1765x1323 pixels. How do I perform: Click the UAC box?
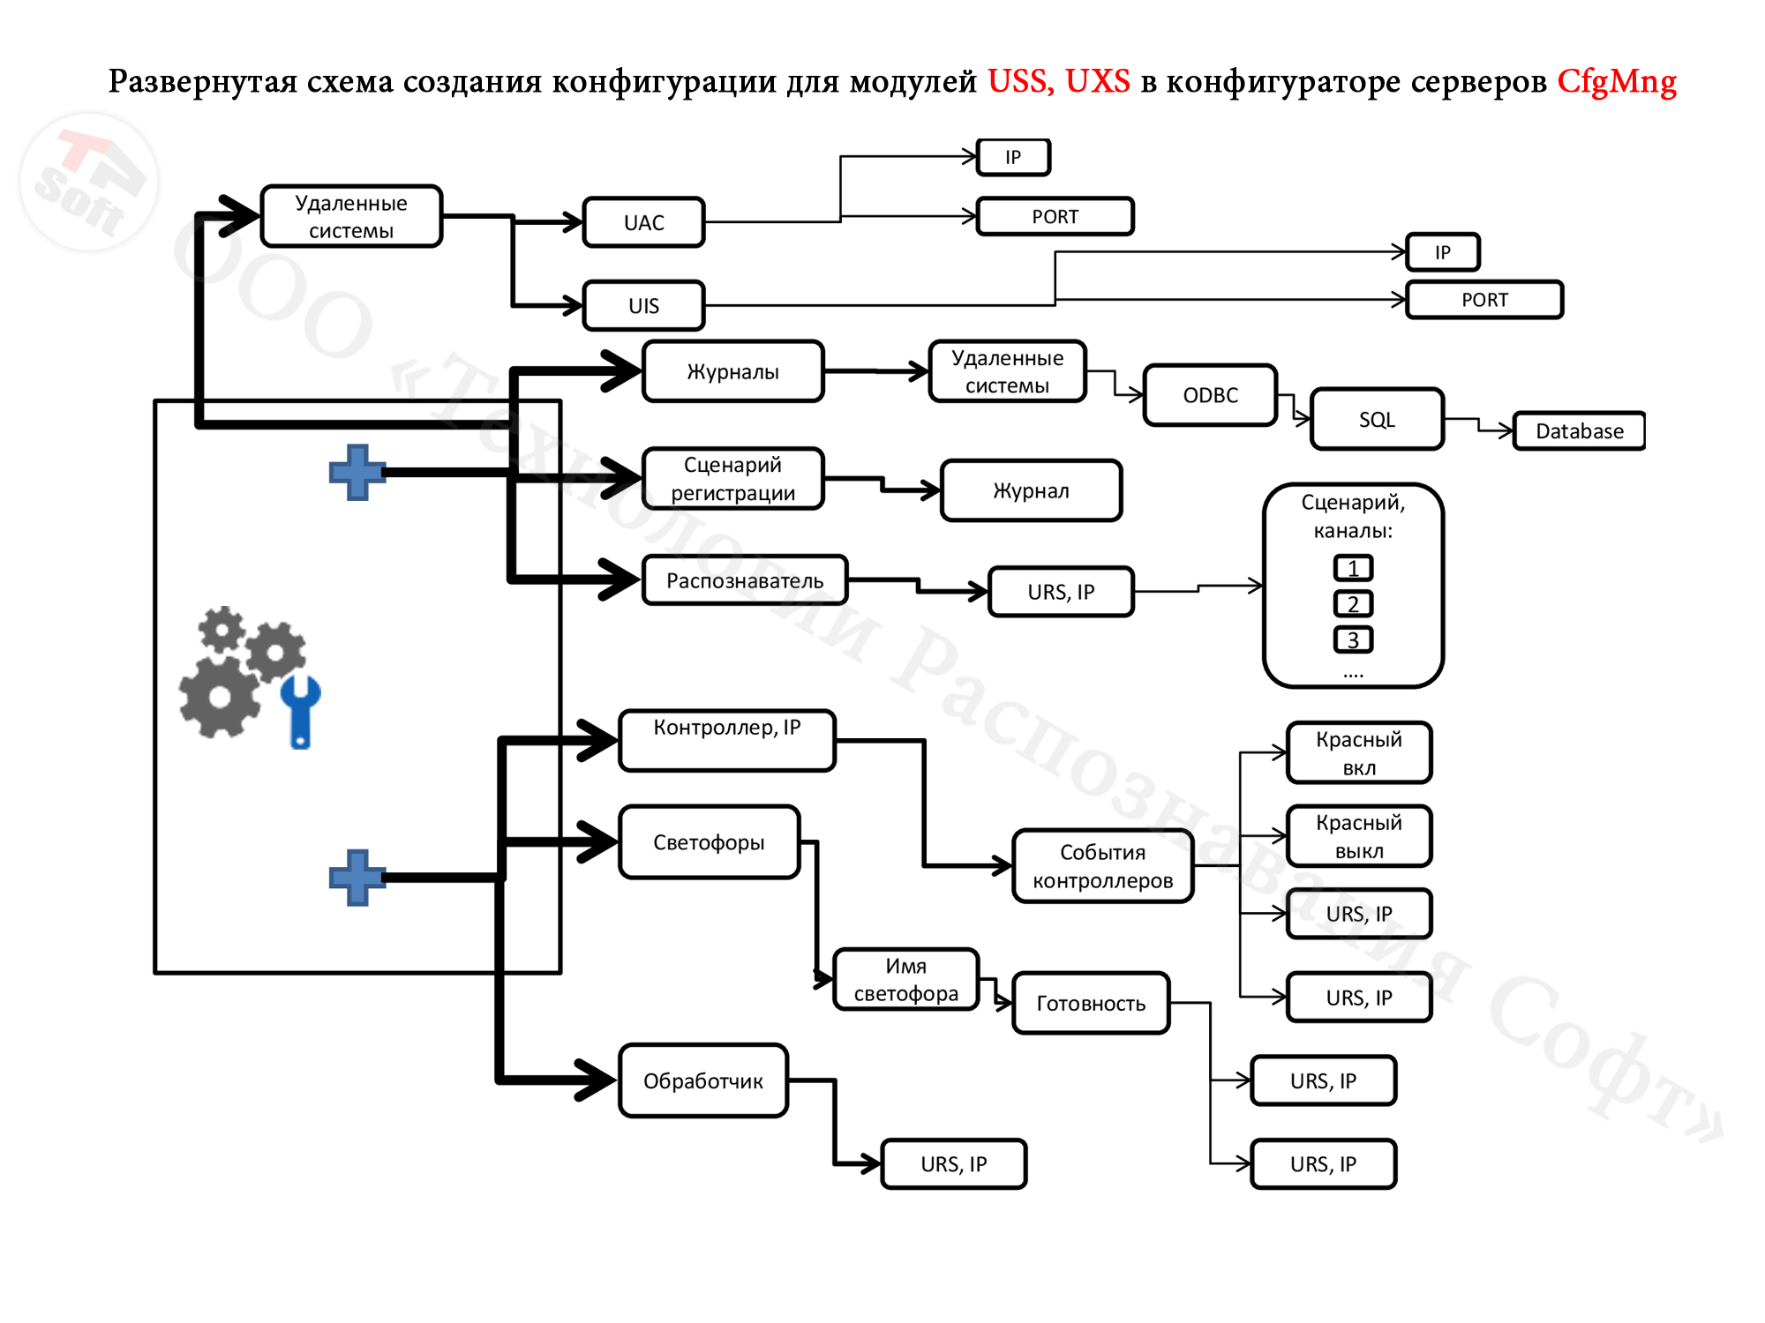(x=643, y=222)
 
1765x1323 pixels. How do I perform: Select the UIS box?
(x=643, y=305)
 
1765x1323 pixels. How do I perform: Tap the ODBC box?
(x=1210, y=395)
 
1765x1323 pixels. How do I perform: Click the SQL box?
(x=1377, y=419)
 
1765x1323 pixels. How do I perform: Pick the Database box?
(x=1579, y=431)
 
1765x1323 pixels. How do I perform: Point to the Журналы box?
(x=732, y=371)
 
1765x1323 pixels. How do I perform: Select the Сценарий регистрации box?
(x=732, y=479)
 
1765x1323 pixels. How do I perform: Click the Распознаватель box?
(x=744, y=580)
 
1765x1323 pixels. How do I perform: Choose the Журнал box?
(x=1031, y=490)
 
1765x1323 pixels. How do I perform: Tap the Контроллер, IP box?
(x=726, y=740)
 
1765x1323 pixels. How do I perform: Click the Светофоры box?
(x=709, y=842)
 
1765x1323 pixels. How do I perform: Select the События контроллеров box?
(x=1102, y=866)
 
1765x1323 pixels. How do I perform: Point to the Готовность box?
(x=1091, y=1003)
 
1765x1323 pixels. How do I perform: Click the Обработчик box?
(x=702, y=1080)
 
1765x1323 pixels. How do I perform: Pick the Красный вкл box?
(x=1358, y=752)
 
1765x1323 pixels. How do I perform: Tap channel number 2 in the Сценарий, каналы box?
(x=1353, y=604)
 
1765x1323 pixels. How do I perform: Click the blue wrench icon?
(x=300, y=711)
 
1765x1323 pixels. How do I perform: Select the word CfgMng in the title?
(x=1616, y=81)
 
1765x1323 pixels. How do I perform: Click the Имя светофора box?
(x=905, y=979)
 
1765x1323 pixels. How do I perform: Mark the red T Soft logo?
(x=88, y=181)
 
